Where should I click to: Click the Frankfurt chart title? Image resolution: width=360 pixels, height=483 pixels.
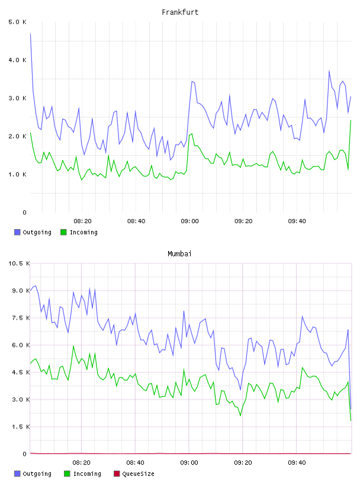[x=180, y=12]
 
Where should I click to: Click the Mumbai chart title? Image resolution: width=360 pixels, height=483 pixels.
[x=179, y=254]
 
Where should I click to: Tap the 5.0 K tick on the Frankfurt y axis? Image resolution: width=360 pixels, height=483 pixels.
[x=18, y=22]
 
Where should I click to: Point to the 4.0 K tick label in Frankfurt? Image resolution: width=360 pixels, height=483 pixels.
[x=18, y=60]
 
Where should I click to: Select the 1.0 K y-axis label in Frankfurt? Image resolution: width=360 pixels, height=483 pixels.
[x=18, y=175]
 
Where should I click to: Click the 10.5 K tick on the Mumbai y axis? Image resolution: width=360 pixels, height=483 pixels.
[x=19, y=263]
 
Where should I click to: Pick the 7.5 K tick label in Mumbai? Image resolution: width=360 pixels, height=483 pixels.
[x=21, y=318]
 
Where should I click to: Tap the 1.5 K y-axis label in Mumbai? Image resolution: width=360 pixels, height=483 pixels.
[x=21, y=427]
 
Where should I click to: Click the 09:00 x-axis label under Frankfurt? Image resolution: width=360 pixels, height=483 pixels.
[x=189, y=221]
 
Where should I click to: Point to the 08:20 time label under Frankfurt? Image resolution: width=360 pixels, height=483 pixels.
[x=82, y=221]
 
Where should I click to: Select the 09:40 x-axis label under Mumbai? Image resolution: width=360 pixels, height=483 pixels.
[x=297, y=463]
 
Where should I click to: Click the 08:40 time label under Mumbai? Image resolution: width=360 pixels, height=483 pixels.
[x=136, y=463]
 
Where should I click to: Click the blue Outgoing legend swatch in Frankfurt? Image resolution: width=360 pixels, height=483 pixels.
[x=17, y=232]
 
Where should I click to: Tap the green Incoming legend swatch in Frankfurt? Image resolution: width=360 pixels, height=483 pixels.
[x=63, y=232]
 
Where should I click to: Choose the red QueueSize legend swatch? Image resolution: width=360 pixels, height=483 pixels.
[x=117, y=474]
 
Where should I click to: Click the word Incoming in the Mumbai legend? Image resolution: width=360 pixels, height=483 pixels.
[x=87, y=474]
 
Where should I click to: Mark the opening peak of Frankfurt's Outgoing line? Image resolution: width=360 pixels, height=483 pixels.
[x=30, y=34]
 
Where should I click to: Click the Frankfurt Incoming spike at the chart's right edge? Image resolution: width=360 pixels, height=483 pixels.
[x=351, y=120]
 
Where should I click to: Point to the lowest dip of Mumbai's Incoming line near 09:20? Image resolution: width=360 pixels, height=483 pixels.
[x=240, y=416]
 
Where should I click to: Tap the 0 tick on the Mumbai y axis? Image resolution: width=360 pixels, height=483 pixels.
[x=25, y=454]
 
